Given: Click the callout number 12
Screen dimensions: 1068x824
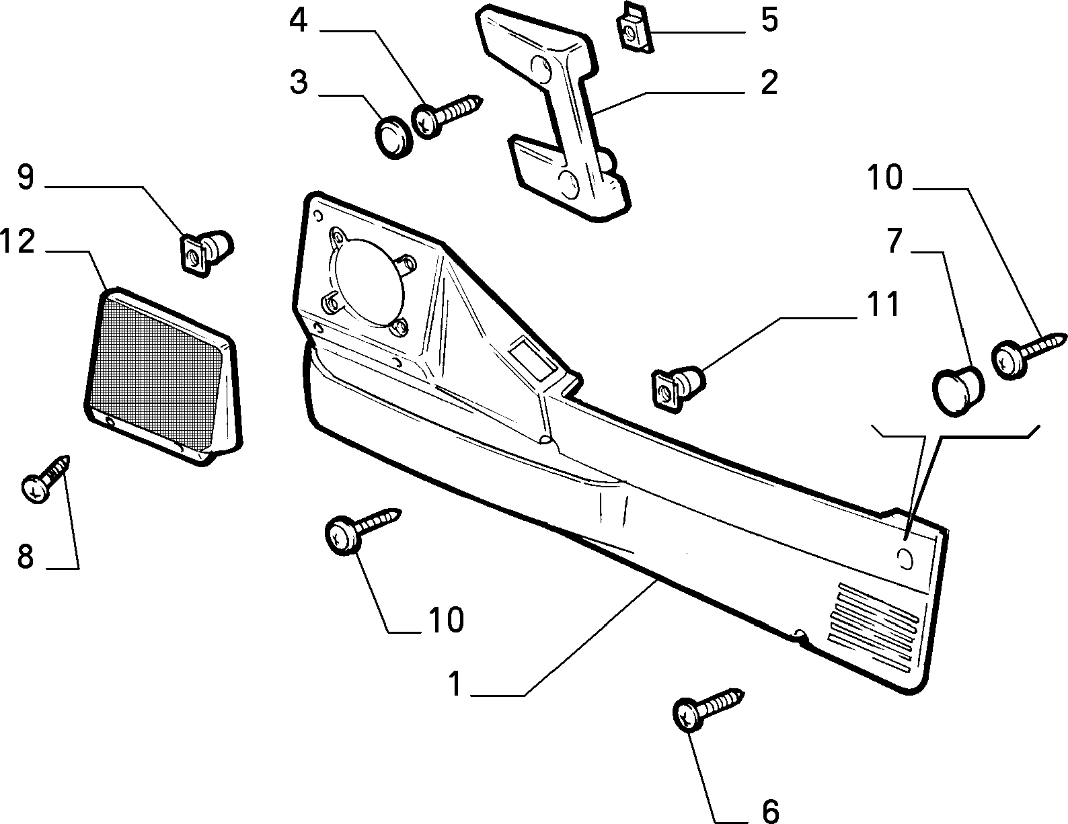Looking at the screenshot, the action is [18, 241].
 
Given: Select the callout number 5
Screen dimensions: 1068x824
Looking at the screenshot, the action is [769, 20].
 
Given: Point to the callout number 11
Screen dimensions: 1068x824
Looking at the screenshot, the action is [882, 304].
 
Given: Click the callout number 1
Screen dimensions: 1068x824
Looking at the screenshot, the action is [455, 684].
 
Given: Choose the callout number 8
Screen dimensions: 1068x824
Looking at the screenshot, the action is [26, 557].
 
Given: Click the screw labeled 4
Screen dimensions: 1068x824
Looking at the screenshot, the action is [448, 116].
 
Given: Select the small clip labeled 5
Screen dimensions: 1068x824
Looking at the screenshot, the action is [634, 29].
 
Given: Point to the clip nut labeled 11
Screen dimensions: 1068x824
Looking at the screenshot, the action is [678, 387].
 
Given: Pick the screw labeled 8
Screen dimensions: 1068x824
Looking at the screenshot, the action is [46, 479].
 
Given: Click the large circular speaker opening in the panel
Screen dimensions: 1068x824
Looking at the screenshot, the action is [368, 281].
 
